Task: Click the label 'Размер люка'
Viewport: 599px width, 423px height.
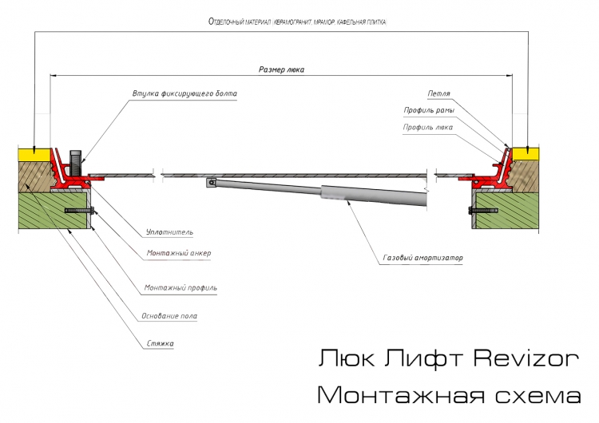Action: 282,69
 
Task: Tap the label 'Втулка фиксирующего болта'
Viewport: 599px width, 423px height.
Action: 184,93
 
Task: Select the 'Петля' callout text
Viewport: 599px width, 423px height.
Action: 438,93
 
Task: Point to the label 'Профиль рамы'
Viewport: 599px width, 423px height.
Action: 429,110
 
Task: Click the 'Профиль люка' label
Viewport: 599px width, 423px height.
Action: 427,127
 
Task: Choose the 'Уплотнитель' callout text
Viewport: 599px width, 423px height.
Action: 169,232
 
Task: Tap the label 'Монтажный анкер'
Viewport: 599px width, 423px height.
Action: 179,253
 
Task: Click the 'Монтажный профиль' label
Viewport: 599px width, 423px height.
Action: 180,287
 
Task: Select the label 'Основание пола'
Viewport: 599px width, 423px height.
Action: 169,316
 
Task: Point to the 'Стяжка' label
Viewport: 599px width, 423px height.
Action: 160,343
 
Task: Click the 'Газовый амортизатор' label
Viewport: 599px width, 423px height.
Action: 422,258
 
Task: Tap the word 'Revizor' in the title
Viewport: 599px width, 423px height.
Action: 526,358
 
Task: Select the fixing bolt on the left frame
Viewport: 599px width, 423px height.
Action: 76,163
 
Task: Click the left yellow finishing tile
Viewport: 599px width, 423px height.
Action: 34,154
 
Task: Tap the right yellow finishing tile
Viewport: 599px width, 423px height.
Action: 526,154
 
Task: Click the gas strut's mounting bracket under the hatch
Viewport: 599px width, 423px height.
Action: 210,183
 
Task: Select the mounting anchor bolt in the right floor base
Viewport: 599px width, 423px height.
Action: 483,211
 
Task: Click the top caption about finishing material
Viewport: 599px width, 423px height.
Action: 297,22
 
